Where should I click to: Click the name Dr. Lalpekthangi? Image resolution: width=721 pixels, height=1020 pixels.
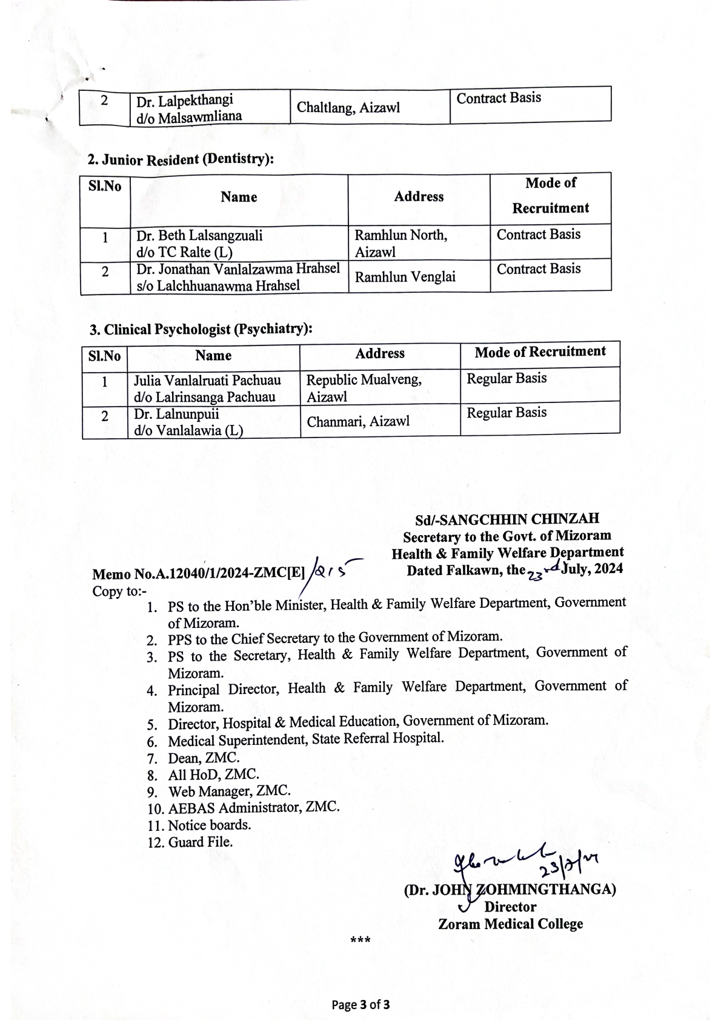click(184, 101)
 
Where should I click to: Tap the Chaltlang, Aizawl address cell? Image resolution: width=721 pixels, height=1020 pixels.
click(348, 108)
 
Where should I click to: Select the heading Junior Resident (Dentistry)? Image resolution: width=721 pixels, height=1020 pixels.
click(181, 159)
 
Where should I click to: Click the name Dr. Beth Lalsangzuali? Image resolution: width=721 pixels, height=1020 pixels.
click(199, 235)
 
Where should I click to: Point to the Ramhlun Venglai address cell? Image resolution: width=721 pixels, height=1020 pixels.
click(405, 277)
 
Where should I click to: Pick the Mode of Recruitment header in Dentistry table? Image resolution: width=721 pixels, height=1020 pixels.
click(550, 195)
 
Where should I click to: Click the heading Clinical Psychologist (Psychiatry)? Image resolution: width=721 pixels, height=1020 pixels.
click(201, 330)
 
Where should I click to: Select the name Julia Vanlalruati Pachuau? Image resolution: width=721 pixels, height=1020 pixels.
click(207, 380)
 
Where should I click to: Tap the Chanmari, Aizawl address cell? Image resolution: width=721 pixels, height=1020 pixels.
click(358, 421)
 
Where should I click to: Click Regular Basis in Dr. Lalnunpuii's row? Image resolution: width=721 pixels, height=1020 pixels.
click(507, 413)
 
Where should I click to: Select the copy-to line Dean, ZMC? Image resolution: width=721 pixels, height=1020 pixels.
click(204, 758)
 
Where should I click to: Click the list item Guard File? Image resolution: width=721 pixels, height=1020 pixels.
click(200, 842)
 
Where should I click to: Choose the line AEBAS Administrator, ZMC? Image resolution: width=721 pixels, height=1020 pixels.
click(253, 808)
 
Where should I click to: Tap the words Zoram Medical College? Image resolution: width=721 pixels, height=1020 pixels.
click(510, 924)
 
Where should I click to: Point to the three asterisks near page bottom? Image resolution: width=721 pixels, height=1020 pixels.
click(360, 941)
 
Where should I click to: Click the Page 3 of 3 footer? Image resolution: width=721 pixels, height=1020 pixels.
click(360, 1004)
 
